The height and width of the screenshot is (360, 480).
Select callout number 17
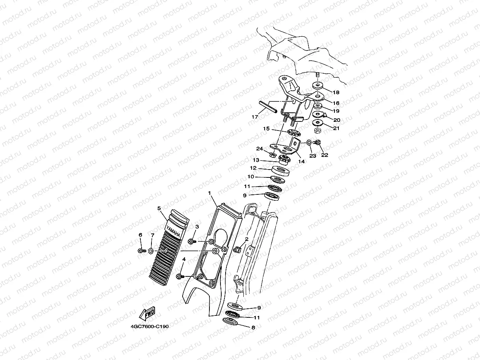click(254, 117)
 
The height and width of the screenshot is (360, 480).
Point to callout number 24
click(259, 149)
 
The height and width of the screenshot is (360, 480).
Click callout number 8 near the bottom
click(253, 327)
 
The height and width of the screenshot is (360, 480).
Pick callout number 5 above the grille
click(159, 208)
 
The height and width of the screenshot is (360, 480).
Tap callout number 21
click(336, 129)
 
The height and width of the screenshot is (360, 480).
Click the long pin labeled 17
click(269, 106)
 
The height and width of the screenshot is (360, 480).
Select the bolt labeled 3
click(191, 240)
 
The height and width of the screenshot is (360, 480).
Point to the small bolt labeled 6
click(140, 250)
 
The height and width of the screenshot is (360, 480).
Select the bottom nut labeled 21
click(317, 129)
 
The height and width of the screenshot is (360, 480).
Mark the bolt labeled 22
click(318, 142)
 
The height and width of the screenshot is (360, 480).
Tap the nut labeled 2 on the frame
click(237, 249)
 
